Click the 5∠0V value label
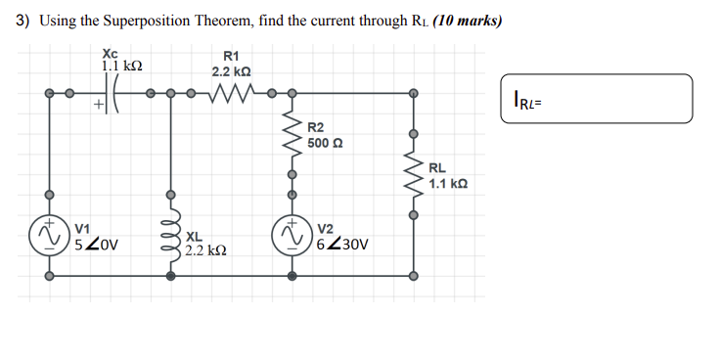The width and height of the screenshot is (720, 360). (x=96, y=245)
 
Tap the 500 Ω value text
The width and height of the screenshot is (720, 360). (x=327, y=143)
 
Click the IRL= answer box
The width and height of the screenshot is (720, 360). (x=596, y=99)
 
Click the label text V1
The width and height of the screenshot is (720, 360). (x=83, y=229)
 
